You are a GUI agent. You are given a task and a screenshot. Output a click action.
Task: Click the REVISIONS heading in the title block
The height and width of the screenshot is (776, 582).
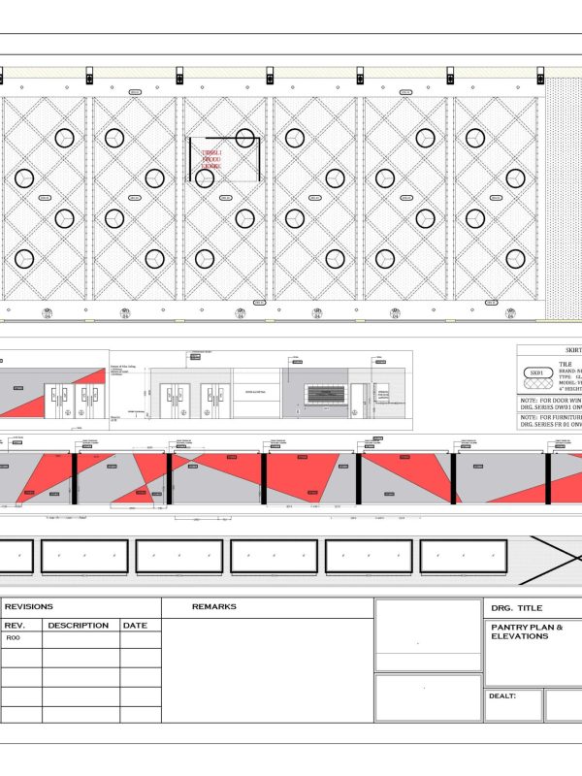pyautogui.click(x=29, y=607)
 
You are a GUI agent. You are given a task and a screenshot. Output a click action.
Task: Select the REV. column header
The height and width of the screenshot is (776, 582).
pyautogui.click(x=21, y=626)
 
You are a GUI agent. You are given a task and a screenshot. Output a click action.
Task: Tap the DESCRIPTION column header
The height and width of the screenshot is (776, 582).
pyautogui.click(x=79, y=626)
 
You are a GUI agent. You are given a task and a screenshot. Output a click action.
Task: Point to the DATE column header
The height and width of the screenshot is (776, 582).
pyautogui.click(x=135, y=626)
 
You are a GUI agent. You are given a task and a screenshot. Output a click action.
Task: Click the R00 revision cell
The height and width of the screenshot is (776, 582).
pyautogui.click(x=14, y=639)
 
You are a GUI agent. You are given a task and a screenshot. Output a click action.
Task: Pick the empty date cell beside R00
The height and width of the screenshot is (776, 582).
pyautogui.click(x=141, y=639)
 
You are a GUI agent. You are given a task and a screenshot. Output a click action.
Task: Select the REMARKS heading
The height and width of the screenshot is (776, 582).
pyautogui.click(x=214, y=607)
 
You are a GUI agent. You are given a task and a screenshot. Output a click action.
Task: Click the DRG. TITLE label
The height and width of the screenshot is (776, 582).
pyautogui.click(x=517, y=608)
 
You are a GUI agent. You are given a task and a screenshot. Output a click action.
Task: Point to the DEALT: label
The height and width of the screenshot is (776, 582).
pyautogui.click(x=503, y=695)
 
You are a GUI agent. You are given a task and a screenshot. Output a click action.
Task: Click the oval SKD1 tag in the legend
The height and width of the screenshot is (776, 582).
pyautogui.click(x=536, y=372)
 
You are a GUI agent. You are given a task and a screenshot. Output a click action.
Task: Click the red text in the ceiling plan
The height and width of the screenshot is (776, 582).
pyautogui.click(x=210, y=160)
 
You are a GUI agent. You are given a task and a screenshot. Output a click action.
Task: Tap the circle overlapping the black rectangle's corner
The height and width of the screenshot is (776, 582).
pyautogui.click(x=245, y=138)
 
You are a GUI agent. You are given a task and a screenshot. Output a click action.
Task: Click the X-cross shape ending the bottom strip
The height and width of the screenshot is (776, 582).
pyautogui.click(x=554, y=560)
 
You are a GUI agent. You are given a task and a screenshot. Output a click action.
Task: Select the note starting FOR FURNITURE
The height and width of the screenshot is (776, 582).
pyautogui.click(x=550, y=419)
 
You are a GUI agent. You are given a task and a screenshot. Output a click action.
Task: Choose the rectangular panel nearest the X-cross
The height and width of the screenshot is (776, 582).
pyautogui.click(x=463, y=557)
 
